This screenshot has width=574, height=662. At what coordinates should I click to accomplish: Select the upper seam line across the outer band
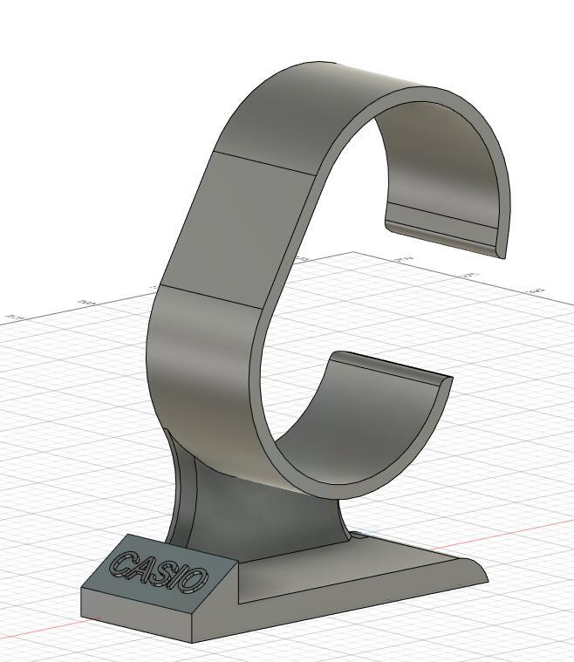point(263,165)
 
